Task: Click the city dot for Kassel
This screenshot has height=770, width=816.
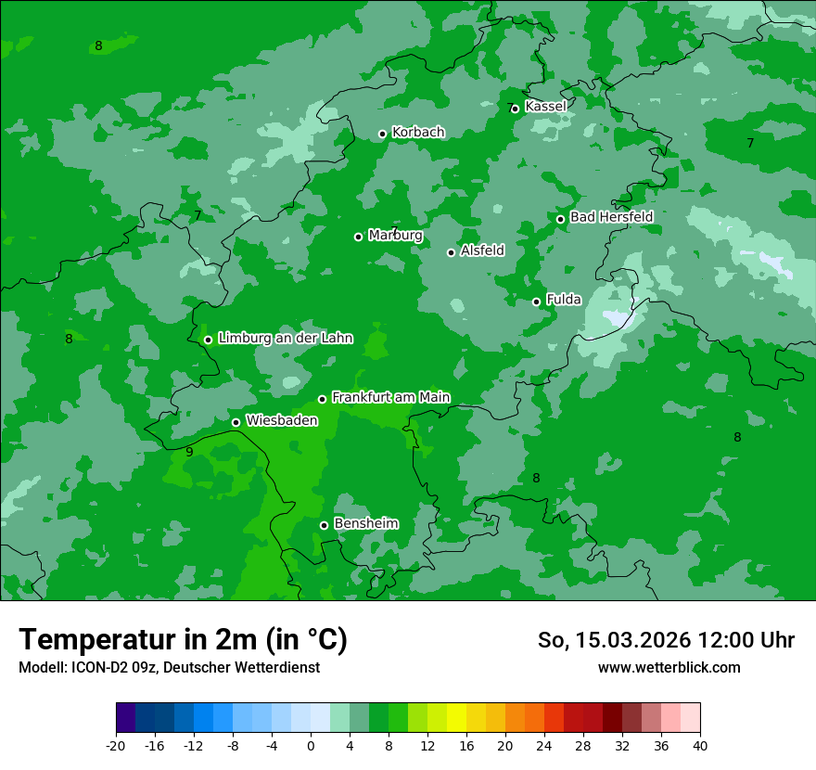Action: tap(515, 109)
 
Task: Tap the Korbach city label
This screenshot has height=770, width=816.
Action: tap(418, 133)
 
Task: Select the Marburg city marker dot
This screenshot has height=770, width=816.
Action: tap(358, 237)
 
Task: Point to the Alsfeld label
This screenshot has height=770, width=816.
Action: tap(482, 250)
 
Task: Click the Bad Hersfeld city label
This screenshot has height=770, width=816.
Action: tap(611, 217)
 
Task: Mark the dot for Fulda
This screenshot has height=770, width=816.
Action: tap(536, 302)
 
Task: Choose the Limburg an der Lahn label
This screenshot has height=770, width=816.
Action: tap(285, 339)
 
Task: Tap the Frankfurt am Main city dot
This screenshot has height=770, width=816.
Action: tap(322, 399)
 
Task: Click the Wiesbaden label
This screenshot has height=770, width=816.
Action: tap(281, 420)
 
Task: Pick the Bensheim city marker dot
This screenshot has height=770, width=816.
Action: tap(324, 525)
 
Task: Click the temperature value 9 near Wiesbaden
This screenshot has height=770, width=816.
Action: tap(189, 452)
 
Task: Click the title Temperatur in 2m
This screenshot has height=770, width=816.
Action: tap(183, 639)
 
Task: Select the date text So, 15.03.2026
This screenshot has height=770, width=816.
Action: tap(613, 640)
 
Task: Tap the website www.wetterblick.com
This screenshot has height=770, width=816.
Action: tap(669, 668)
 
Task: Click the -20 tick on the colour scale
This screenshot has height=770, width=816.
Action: tap(116, 745)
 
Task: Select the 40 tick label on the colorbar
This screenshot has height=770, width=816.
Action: tap(699, 745)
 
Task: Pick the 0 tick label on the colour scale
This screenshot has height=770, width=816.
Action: tap(311, 745)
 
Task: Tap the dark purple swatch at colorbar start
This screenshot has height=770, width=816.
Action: tap(126, 718)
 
